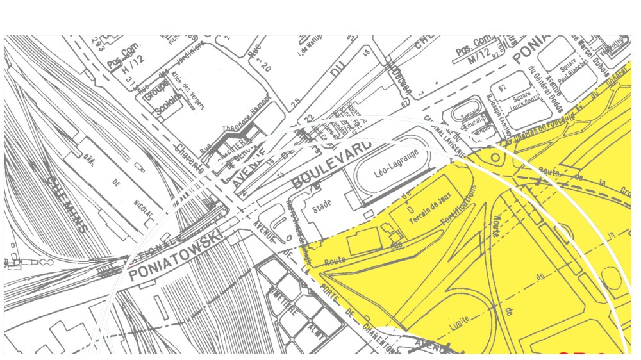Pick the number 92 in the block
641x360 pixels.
(502, 87)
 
